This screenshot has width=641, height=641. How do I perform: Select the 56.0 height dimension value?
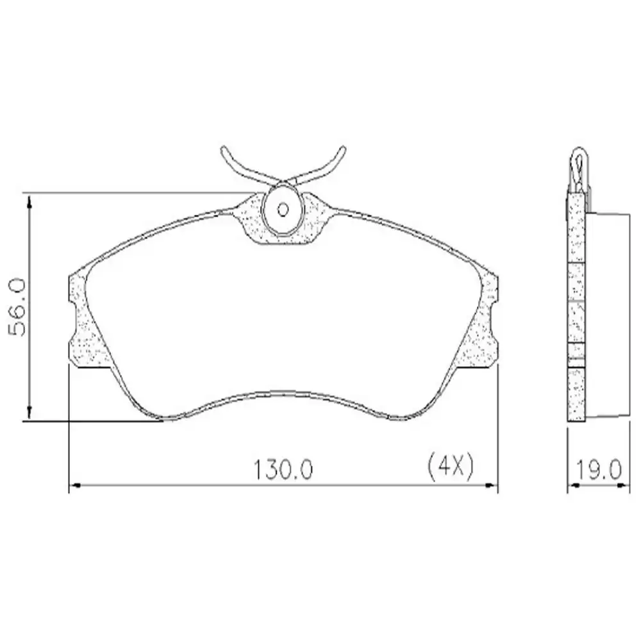point(17,308)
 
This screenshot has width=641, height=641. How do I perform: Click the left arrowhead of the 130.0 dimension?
point(72,487)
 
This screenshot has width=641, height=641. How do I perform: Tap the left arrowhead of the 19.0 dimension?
point(572,487)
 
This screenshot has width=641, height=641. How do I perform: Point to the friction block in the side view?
point(606,314)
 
